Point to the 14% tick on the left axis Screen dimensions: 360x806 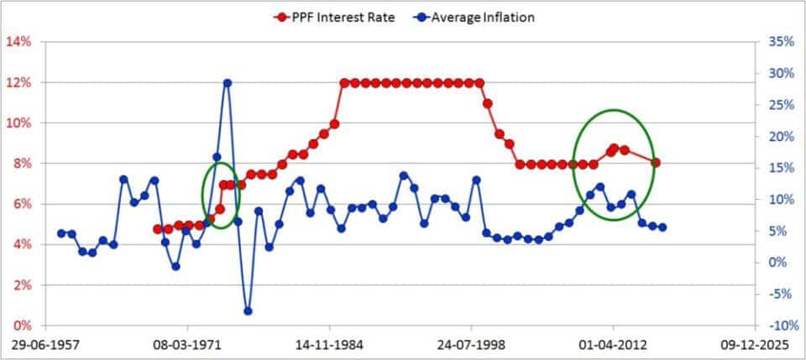(19, 41)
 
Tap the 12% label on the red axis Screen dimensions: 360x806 (19, 82)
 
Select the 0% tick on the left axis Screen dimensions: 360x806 (23, 326)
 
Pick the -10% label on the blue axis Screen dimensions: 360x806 (779, 326)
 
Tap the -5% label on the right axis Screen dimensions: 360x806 (781, 294)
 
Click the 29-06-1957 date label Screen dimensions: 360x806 (44, 344)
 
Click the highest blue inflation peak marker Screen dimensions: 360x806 (227, 83)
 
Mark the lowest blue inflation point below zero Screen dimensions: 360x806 (248, 311)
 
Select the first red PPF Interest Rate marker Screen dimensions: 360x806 (158, 228)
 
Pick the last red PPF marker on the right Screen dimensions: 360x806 (656, 163)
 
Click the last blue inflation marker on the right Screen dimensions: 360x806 (662, 227)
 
